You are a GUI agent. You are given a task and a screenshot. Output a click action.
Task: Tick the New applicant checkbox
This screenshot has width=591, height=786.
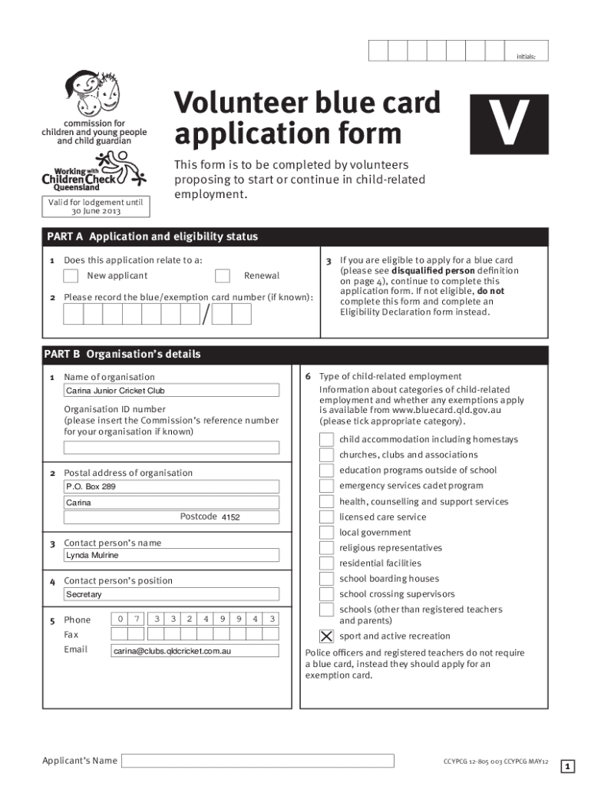pyautogui.click(x=71, y=276)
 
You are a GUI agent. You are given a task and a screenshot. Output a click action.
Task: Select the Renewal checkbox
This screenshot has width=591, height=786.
pyautogui.click(x=223, y=276)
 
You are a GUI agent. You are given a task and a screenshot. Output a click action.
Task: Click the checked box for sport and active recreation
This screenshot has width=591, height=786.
pyautogui.click(x=326, y=636)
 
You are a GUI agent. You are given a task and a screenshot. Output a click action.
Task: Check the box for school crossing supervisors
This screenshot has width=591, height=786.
pyautogui.click(x=326, y=594)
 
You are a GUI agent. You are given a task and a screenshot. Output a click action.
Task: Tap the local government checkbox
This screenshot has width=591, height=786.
pyautogui.click(x=326, y=533)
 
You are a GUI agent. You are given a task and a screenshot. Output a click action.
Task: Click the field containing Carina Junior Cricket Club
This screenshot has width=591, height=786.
pyautogui.click(x=171, y=391)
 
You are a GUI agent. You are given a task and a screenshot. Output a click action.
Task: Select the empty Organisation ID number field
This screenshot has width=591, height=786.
pyautogui.click(x=171, y=447)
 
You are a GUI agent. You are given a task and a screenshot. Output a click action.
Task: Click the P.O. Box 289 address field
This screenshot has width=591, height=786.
pyautogui.click(x=171, y=487)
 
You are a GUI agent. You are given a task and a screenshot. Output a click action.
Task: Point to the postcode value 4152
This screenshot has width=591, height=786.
pyautogui.click(x=230, y=517)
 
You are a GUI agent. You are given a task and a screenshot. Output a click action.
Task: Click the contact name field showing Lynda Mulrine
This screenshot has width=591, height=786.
pyautogui.click(x=171, y=555)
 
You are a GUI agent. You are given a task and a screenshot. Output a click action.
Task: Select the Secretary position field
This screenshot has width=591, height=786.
pyautogui.click(x=171, y=594)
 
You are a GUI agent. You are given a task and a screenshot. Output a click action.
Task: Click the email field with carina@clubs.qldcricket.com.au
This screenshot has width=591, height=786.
pyautogui.click(x=196, y=651)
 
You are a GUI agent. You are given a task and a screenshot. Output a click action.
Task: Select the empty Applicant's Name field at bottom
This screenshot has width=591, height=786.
pyautogui.click(x=258, y=761)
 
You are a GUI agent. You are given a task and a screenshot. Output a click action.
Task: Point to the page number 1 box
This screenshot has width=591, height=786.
pyautogui.click(x=566, y=766)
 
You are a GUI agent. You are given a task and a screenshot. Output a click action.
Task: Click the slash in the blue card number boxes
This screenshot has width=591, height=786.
pyautogui.click(x=205, y=315)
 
